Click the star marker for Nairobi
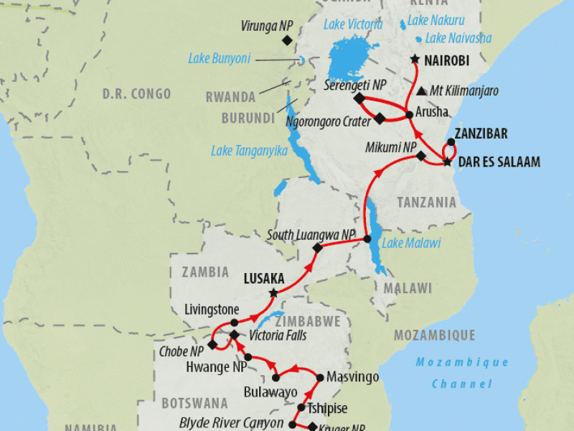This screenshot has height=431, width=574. (415, 60)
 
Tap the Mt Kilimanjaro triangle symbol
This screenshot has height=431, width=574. (420, 91)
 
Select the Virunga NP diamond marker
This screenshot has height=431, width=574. (287, 41)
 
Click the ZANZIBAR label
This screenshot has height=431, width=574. (481, 134)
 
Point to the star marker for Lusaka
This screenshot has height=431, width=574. (273, 293)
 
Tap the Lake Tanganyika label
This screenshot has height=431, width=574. (249, 151)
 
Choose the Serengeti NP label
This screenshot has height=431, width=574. (355, 85)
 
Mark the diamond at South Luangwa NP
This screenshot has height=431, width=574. (317, 248)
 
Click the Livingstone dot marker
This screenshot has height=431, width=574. (234, 323)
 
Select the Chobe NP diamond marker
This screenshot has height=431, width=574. (212, 345)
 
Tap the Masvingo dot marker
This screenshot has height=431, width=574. (320, 376)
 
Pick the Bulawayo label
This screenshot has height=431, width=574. (270, 392)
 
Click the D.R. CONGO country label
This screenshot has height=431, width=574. (136, 93)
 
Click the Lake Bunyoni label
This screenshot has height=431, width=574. (219, 58)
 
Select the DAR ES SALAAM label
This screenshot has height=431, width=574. (499, 162)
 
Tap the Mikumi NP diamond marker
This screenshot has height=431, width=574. (421, 156)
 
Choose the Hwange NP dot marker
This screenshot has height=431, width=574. (248, 357)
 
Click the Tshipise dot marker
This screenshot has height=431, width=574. (301, 408)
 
